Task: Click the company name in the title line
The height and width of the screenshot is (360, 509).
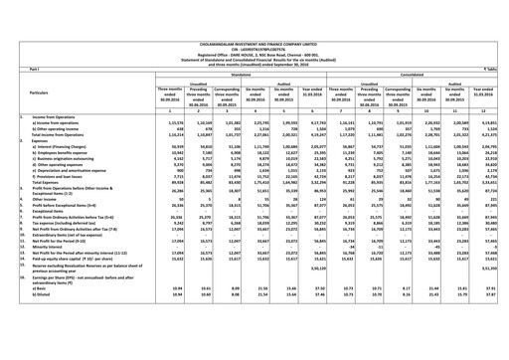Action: coord(254,5)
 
